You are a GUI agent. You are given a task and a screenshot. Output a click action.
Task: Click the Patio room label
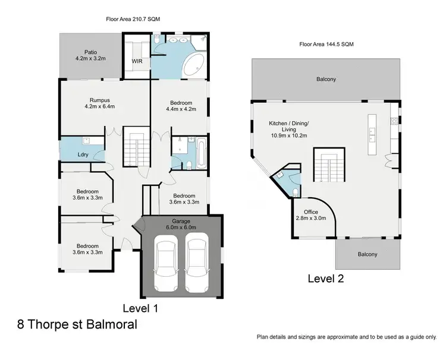point(89,55)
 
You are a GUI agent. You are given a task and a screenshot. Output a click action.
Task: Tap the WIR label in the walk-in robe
point(136,61)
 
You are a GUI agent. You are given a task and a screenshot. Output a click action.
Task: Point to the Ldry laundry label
point(83,155)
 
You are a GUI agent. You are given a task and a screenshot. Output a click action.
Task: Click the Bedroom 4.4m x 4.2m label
point(180,106)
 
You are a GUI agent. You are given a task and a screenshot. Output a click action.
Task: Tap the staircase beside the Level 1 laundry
point(136,147)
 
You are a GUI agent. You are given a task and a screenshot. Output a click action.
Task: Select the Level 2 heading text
point(326,278)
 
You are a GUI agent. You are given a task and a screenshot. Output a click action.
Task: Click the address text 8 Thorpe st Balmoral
point(77,325)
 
